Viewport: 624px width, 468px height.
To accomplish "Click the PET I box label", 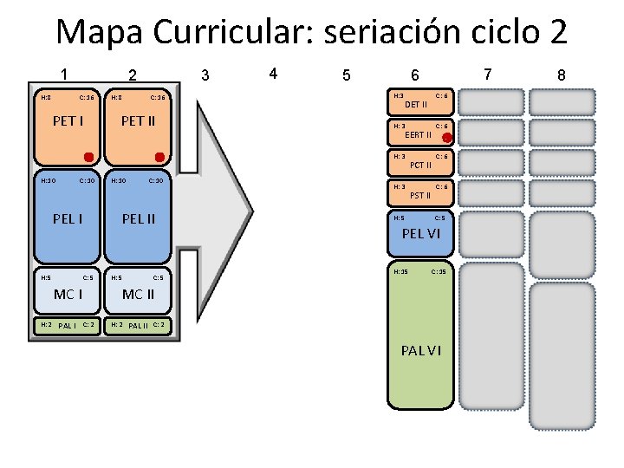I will [68, 120].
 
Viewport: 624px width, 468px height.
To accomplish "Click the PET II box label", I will [138, 120].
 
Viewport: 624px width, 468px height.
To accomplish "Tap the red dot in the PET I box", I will [88, 157].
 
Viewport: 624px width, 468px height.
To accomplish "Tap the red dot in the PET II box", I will [159, 157].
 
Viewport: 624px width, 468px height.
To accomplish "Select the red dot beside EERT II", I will [446, 138].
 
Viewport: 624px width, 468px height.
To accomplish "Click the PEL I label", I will [68, 218].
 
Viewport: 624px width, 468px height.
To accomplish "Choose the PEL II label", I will [139, 218].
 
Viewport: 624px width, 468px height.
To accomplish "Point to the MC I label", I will [68, 294].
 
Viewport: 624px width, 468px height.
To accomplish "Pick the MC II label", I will [139, 294].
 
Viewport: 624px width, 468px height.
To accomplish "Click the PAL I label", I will [68, 326].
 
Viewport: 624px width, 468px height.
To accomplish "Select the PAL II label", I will [138, 326].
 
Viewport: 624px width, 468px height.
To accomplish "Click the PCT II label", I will [420, 165].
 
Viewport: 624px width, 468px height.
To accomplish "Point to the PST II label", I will [420, 195].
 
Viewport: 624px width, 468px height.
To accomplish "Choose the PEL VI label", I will [421, 234].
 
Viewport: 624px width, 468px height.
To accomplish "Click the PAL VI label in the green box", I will [421, 350].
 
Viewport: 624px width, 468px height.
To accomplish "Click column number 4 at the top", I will [273, 74].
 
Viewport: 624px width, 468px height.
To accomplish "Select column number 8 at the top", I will [562, 75].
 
